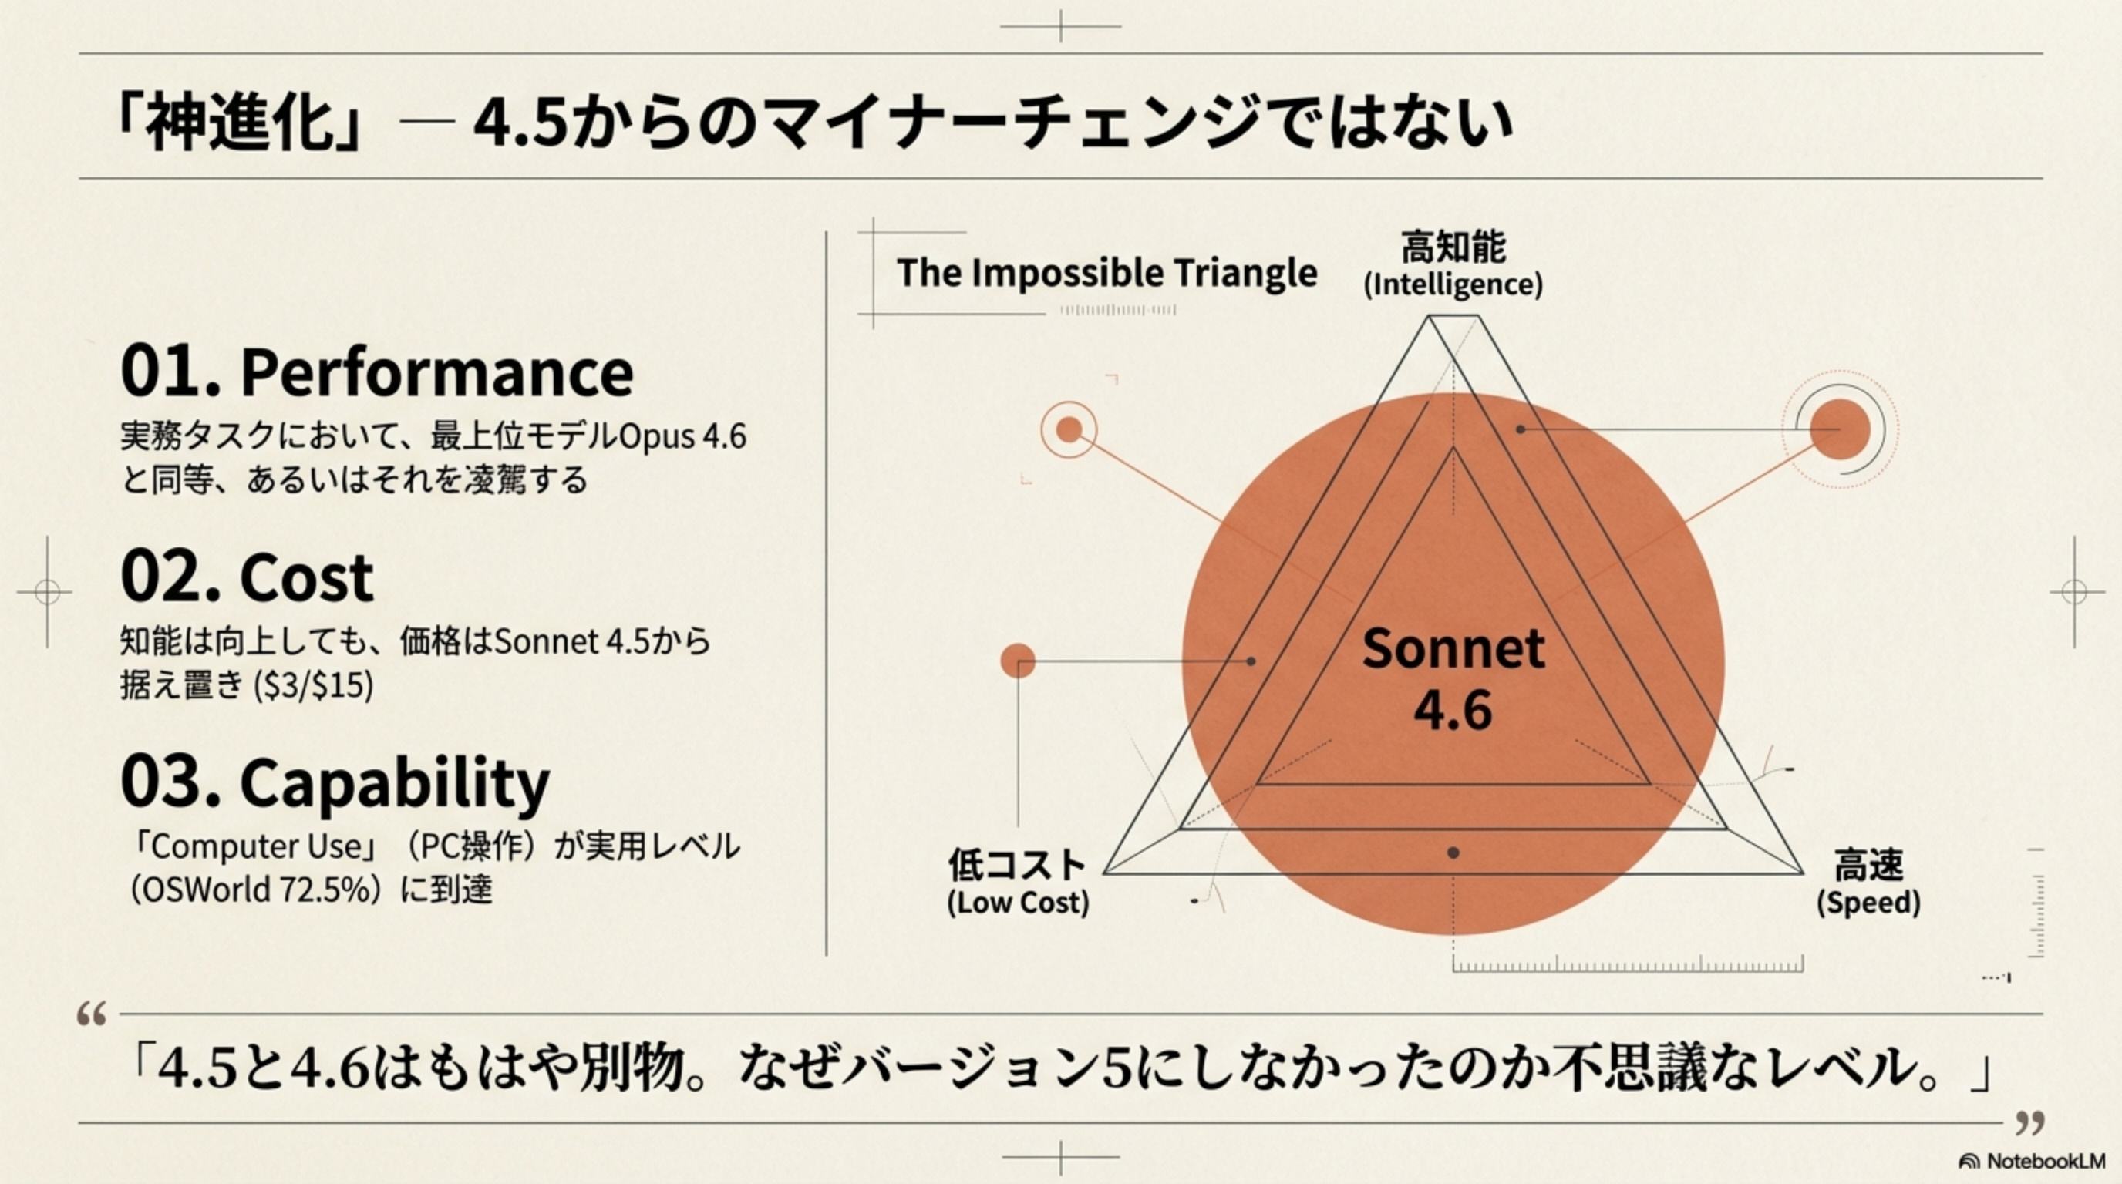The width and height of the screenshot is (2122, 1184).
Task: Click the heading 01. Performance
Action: [x=376, y=372]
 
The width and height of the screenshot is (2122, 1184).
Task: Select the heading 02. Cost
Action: [x=247, y=577]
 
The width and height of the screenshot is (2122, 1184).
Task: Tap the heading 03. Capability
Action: [x=335, y=782]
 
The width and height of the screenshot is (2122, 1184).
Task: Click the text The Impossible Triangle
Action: [x=1106, y=273]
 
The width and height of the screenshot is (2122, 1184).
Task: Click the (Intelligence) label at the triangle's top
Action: [x=1453, y=285]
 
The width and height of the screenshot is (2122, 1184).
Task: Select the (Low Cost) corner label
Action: [x=1018, y=903]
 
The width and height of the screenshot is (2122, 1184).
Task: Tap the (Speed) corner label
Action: [x=1868, y=903]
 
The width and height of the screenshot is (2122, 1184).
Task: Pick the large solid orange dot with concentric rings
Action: [x=1841, y=430]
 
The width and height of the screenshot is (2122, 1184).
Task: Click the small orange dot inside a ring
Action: [x=1069, y=429]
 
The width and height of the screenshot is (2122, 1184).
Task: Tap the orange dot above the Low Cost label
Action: [x=1018, y=661]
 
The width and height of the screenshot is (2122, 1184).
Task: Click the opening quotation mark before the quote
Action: [x=92, y=1014]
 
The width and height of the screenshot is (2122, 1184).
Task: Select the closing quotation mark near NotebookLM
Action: [x=2029, y=1122]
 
